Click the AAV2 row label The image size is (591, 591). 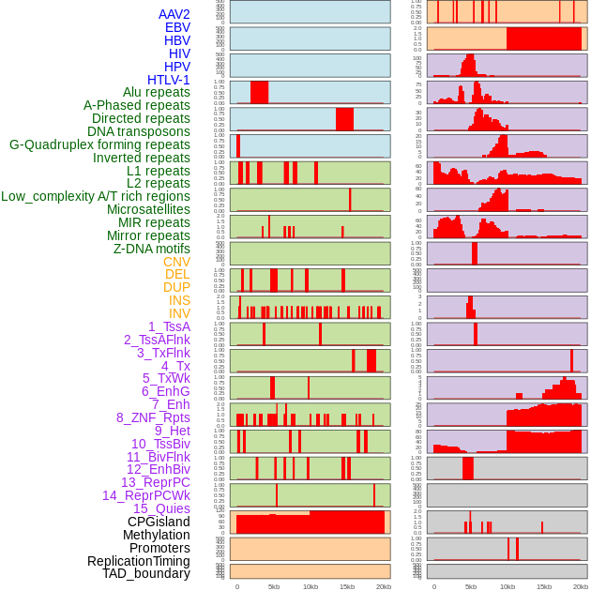coord(174,14)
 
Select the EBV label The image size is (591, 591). coord(177,27)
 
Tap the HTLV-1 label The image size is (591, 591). coord(168,80)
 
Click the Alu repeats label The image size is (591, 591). coord(156,92)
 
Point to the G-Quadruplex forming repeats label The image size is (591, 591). coord(99,144)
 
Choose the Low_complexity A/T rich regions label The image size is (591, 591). coord(96,196)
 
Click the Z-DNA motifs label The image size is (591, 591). coord(151,249)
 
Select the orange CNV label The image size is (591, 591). coord(176,262)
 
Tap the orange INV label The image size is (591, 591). coord(179,313)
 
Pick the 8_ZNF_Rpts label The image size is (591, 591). coord(153,417)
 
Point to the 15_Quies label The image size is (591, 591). coord(161,508)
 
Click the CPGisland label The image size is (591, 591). coord(159,522)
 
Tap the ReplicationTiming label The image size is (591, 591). coord(138,561)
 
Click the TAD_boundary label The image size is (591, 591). coord(146,573)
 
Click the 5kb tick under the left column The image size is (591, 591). coord(274,586)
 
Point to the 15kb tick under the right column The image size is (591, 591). coord(543,586)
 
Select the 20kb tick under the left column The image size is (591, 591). coord(383,586)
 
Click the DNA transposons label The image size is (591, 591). coord(139,131)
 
